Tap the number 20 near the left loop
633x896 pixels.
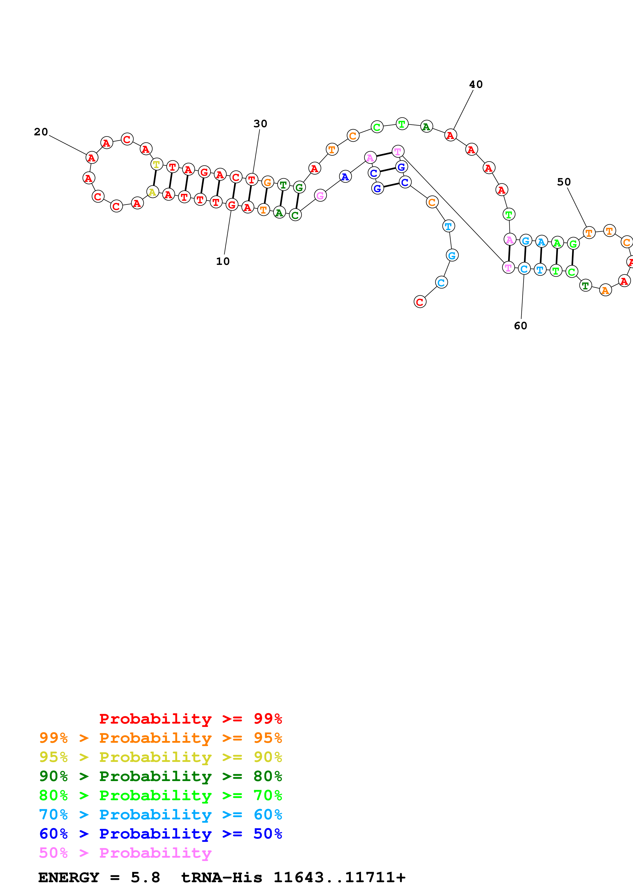click(41, 132)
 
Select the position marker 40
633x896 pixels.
click(475, 84)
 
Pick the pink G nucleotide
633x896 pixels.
click(320, 195)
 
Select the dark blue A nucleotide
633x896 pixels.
click(345, 177)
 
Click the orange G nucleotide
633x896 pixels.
click(267, 182)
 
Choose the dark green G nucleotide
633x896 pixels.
click(299, 187)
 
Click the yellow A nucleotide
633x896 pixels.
click(152, 192)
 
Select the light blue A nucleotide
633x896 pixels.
click(541, 242)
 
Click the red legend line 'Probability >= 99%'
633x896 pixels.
click(190, 718)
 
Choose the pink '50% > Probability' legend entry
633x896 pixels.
click(125, 853)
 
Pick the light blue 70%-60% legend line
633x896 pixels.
click(160, 815)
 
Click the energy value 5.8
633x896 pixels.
click(145, 878)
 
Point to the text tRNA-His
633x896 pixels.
click(222, 878)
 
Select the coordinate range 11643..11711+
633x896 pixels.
click(339, 878)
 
